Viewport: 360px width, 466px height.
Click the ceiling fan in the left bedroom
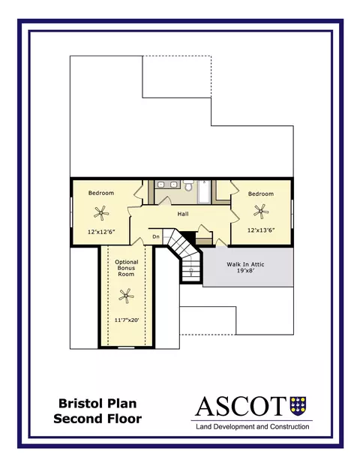tap(101, 213)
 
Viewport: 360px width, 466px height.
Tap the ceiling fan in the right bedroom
tap(261, 212)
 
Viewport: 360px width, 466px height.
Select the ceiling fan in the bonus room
tap(126, 296)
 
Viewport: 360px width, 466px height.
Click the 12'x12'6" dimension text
tap(101, 232)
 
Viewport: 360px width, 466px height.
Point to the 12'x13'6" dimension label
tap(261, 230)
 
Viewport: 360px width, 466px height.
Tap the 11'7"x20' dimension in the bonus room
tap(127, 320)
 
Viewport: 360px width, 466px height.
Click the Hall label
tap(183, 214)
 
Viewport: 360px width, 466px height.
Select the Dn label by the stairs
tap(156, 237)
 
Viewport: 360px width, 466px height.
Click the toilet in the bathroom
tap(188, 185)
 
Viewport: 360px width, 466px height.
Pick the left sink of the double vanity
tap(160, 185)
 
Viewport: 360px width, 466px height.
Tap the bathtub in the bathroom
tap(204, 191)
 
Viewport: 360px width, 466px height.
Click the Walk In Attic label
tap(245, 264)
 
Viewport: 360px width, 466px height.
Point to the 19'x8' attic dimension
tap(246, 270)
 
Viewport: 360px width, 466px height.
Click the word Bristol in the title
tap(78, 404)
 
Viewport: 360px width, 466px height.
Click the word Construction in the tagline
tap(289, 427)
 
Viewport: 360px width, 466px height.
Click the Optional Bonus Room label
tap(127, 268)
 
